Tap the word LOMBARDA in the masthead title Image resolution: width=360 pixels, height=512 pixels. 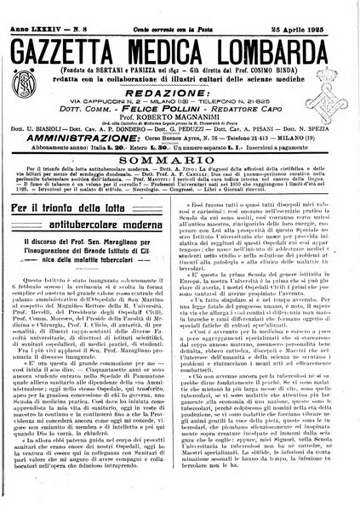click(272, 38)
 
